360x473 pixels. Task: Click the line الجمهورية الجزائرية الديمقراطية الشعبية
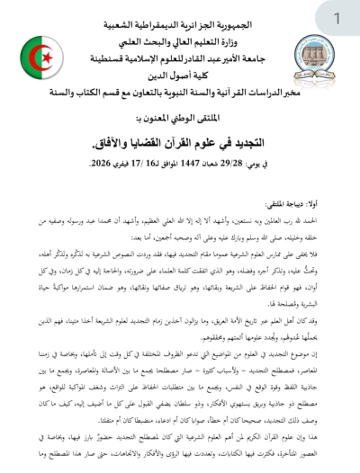[179, 17]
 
